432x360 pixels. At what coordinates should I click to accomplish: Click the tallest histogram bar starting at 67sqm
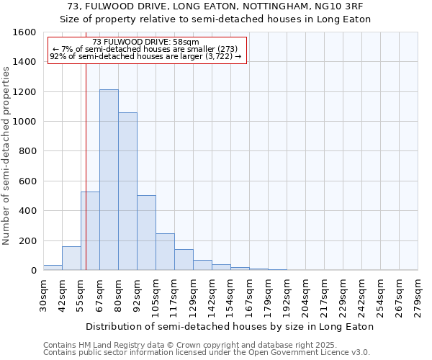(109, 180)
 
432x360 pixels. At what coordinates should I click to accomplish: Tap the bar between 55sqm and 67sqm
(91, 231)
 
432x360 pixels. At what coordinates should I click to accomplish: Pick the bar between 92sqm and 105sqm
(146, 233)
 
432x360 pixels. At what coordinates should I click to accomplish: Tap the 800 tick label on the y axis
(27, 151)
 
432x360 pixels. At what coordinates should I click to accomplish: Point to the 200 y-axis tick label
(27, 240)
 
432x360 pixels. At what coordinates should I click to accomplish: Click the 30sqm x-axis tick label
(43, 296)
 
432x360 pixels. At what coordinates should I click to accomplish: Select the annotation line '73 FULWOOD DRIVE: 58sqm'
(146, 42)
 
